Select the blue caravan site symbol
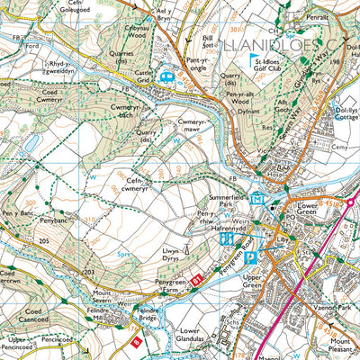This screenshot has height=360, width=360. [x=166, y=77]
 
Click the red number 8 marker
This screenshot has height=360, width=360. [x=137, y=341]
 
